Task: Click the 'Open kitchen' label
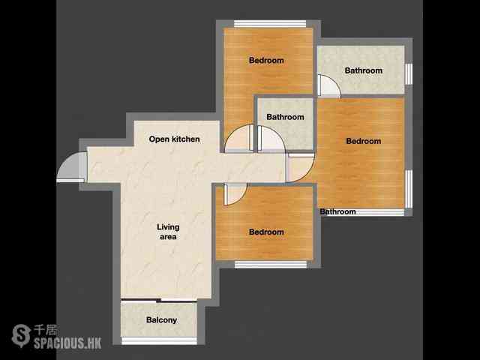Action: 174,139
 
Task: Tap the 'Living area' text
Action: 168,232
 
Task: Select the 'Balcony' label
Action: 162,320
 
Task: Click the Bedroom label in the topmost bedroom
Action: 266,60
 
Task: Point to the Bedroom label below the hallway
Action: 266,232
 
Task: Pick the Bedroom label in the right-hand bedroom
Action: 364,141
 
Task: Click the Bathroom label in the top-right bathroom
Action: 364,70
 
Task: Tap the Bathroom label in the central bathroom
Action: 285,117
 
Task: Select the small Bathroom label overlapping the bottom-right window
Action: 338,211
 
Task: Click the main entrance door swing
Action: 68,166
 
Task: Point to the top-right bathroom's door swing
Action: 329,85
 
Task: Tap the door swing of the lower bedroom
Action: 235,194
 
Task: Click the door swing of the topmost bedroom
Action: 238,138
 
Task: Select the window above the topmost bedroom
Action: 270,24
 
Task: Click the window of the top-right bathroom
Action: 409,74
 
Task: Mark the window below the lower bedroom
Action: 271,265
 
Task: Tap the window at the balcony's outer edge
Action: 159,340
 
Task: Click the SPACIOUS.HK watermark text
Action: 67,343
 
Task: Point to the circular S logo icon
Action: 21,336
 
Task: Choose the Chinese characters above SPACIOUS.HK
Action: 45,330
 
